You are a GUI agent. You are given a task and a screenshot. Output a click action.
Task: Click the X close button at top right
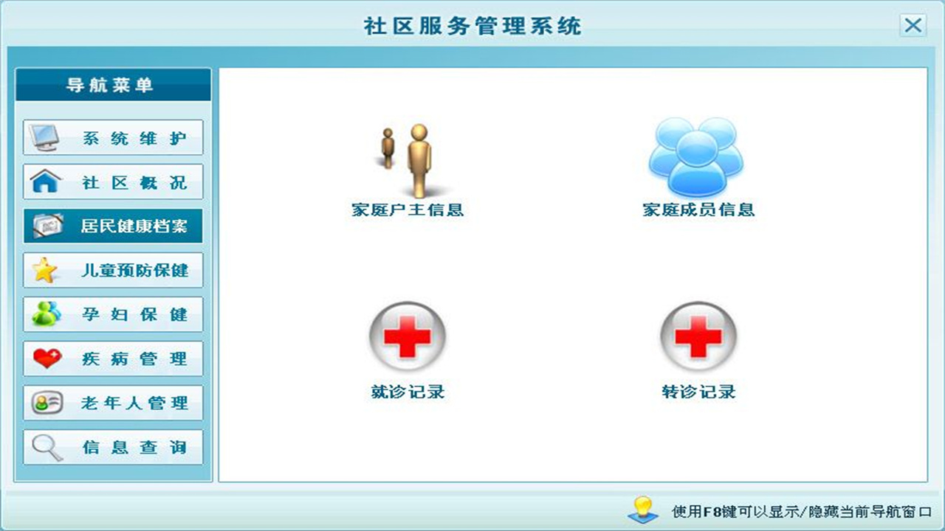pos(913,26)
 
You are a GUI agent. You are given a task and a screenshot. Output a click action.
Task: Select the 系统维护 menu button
pos(113,138)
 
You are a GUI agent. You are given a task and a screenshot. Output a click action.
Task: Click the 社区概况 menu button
pos(113,182)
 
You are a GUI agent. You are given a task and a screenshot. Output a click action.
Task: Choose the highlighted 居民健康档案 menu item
pos(113,226)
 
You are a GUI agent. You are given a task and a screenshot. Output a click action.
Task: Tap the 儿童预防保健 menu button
pos(113,271)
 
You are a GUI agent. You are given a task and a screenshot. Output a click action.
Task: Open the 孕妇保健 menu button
pos(113,315)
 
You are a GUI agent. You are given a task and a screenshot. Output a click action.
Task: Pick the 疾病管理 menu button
pos(113,359)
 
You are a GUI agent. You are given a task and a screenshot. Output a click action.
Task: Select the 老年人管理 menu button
pos(113,403)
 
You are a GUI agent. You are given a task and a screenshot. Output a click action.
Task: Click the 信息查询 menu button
pos(113,448)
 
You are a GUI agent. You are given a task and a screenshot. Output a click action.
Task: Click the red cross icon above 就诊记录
pos(408,336)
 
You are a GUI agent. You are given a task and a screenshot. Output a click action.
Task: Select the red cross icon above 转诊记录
pos(698,336)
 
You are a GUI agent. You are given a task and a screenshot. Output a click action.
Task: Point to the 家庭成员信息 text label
pos(698,209)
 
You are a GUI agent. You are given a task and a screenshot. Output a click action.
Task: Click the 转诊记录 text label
pos(698,392)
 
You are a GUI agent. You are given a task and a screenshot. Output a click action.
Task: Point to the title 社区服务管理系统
pos(472,27)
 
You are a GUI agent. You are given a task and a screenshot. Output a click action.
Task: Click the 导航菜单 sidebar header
pos(113,85)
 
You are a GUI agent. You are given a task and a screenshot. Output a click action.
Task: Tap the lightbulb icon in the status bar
pos(642,509)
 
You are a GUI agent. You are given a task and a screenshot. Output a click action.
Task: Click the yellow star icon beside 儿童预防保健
pos(44,271)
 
